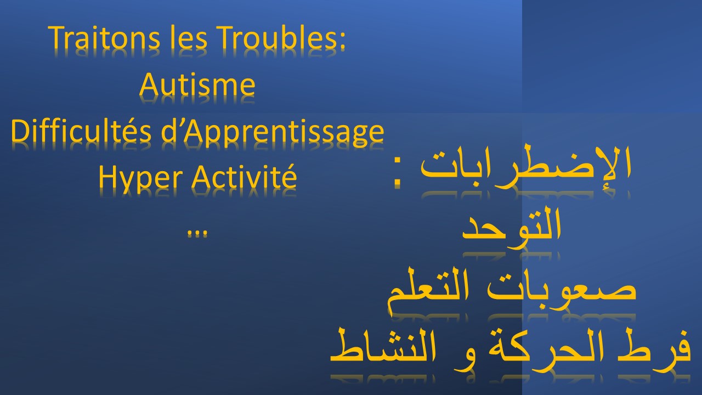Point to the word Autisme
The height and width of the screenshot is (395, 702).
tap(197, 84)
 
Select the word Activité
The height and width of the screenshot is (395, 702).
tap(244, 176)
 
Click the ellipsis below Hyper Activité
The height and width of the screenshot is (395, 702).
tap(197, 234)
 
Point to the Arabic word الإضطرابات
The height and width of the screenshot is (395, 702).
tap(525, 167)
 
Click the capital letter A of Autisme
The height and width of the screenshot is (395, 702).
tap(149, 84)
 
